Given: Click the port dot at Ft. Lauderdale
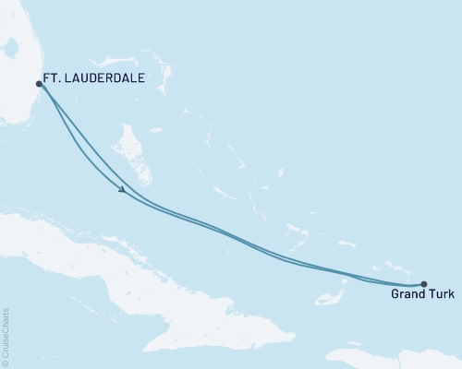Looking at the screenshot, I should [39, 83].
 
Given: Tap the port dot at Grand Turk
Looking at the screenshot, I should [423, 284].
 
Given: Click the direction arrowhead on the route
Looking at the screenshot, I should [122, 189].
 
